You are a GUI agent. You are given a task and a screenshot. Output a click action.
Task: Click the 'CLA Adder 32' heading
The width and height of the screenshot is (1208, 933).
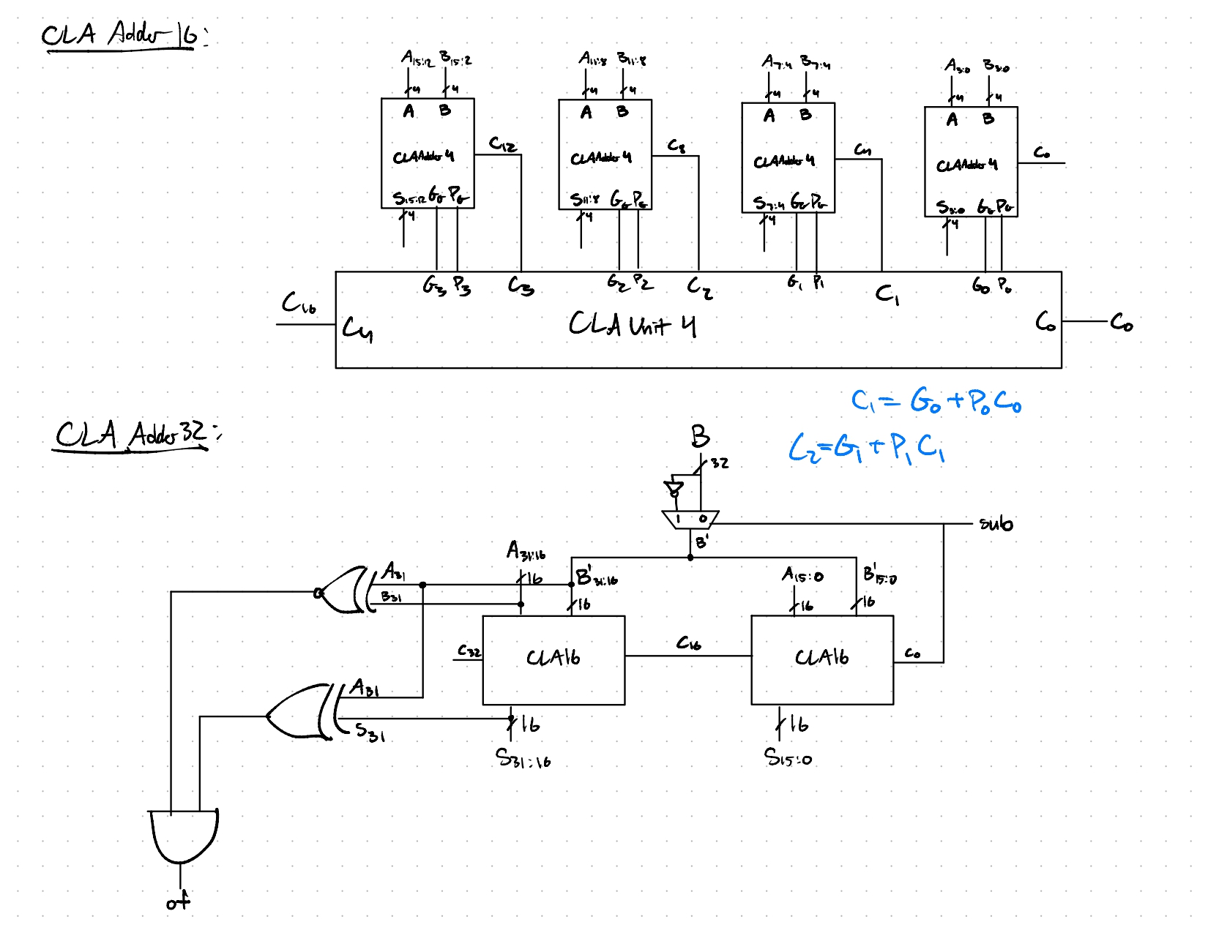pos(132,435)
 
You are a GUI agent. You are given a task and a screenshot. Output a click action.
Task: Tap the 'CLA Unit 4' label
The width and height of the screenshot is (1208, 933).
pos(632,324)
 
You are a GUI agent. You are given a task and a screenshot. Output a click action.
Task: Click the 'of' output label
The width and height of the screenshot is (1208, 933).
pos(178,902)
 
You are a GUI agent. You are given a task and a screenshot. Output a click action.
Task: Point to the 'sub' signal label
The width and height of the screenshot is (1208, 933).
pos(996,524)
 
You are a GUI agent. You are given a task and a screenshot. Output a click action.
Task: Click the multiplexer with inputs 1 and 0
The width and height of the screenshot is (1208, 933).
pos(690,520)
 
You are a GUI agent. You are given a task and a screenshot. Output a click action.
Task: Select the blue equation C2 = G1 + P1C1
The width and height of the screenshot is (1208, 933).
pos(867,447)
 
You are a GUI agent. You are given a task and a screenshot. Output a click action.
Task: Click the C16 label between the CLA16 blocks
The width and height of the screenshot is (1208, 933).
pos(688,643)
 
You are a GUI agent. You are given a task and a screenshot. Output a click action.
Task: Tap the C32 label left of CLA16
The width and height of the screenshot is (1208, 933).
pos(469,651)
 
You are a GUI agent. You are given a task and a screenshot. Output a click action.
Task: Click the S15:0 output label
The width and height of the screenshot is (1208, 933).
pos(788,757)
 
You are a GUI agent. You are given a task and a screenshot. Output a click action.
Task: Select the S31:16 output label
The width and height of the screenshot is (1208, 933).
pos(523,759)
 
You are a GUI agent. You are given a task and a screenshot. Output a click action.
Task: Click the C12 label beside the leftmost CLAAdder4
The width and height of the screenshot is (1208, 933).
pos(503,144)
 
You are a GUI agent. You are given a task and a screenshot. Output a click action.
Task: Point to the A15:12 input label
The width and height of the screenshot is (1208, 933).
pos(417,59)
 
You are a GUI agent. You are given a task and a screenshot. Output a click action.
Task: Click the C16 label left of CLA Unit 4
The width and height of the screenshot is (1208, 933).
pos(299,304)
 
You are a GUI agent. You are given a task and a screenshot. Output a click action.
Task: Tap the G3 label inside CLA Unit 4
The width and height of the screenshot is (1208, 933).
pos(433,286)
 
